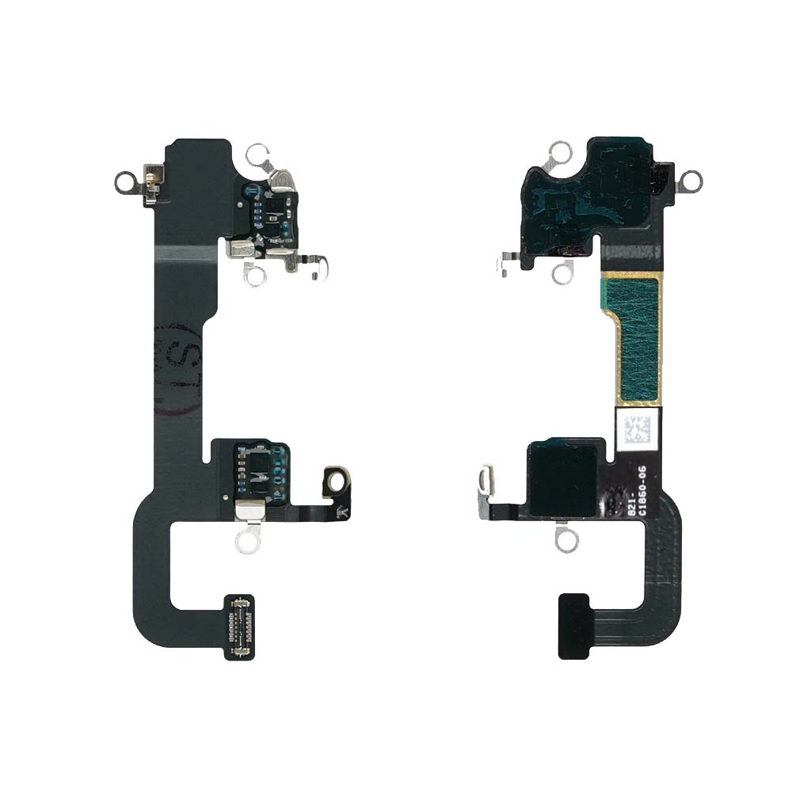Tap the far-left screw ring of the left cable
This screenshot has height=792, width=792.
point(124,183)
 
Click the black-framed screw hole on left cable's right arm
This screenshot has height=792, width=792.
point(337,480)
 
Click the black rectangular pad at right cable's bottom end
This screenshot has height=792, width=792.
point(573,626)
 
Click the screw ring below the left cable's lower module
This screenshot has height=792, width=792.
point(248,541)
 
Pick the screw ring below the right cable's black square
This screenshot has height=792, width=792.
point(566,540)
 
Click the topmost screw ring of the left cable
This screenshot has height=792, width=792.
point(257,154)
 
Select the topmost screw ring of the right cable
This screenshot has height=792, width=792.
point(560,153)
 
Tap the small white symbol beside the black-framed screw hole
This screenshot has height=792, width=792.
point(342,511)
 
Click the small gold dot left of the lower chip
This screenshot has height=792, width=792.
point(226,498)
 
